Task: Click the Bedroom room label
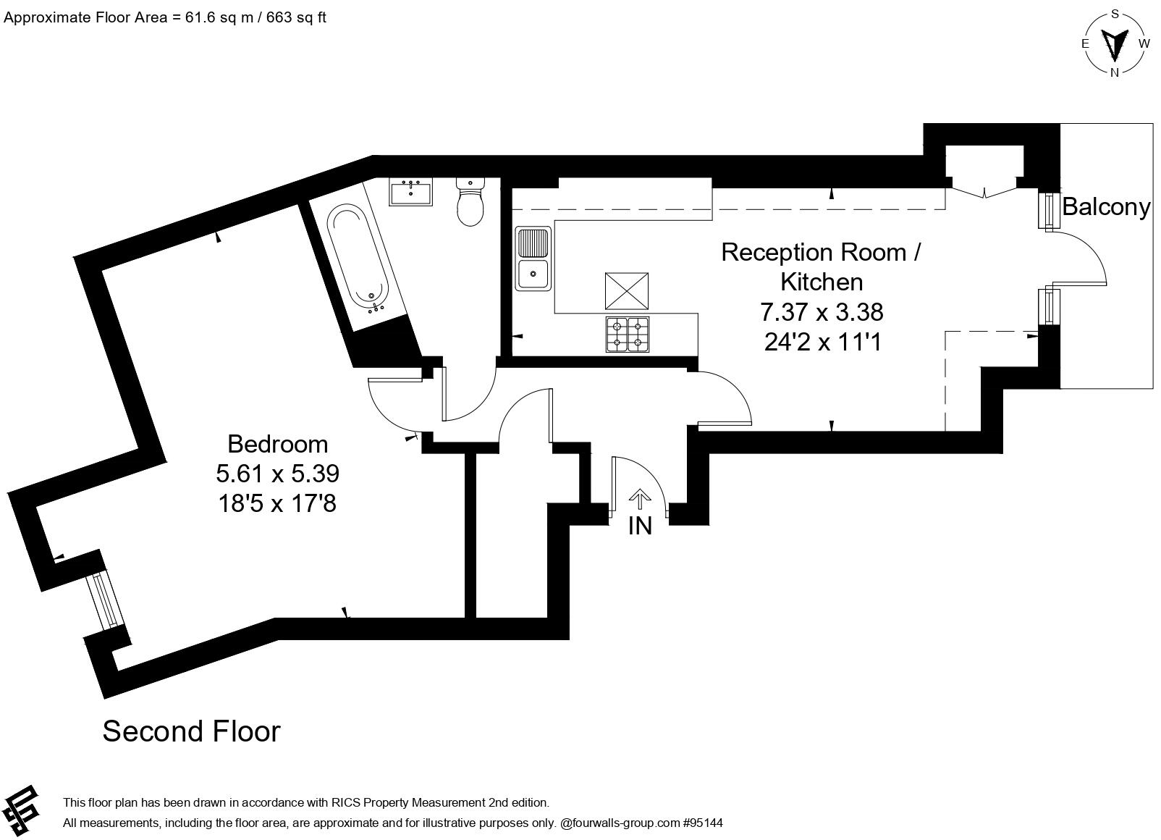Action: point(277,443)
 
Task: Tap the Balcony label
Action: point(1105,207)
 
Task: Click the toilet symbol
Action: point(470,202)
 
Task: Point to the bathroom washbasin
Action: point(411,193)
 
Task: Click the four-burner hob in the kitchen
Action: point(627,335)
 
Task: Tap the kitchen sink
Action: point(533,259)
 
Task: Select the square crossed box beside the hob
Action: point(627,291)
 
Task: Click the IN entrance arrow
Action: point(639,500)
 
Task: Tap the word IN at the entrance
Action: point(640,526)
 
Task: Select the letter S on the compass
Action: point(1115,14)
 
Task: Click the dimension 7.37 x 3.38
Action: point(822,312)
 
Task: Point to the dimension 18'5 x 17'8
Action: point(277,503)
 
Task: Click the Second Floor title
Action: point(191,731)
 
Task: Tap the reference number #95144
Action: point(703,823)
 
